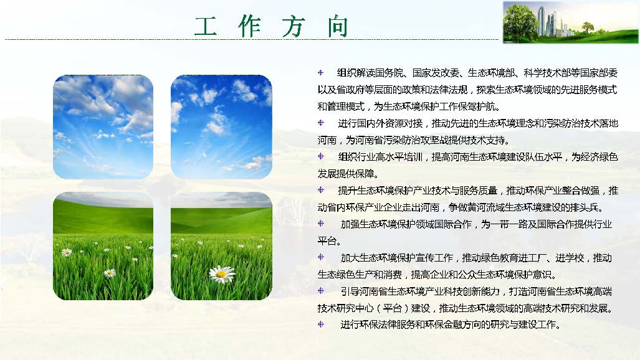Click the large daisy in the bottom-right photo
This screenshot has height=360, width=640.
(x=222, y=273)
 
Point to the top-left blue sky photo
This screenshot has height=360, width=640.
(x=103, y=127)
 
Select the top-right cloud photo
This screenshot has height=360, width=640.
(x=221, y=127)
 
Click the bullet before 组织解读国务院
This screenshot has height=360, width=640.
(x=320, y=73)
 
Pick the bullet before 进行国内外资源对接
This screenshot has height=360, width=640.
(x=320, y=123)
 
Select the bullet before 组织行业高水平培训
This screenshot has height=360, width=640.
(x=320, y=156)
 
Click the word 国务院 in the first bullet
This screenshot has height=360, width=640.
(x=391, y=73)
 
